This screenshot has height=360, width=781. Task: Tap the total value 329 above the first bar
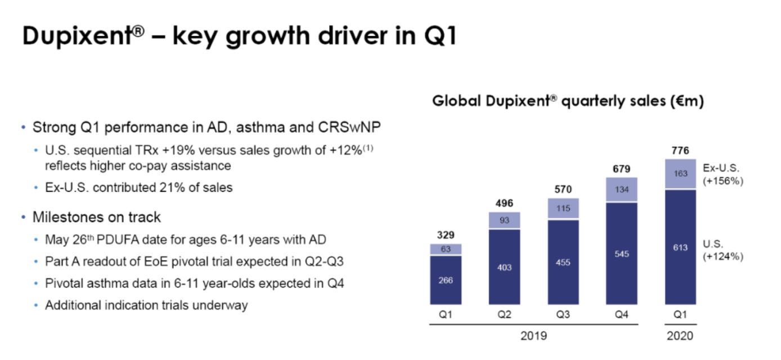point(445,235)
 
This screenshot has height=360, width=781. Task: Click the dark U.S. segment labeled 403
point(505,267)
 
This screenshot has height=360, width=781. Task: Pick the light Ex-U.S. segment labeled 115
point(563,209)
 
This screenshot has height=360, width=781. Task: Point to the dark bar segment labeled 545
point(622,254)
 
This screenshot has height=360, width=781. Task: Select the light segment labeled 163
point(680,174)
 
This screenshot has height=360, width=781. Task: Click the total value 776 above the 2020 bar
point(680,151)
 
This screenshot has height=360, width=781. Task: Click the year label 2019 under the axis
point(533,336)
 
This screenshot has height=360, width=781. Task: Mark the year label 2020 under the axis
point(680,336)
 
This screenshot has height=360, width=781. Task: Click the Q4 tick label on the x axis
point(622,315)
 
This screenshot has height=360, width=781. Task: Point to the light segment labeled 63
point(445,249)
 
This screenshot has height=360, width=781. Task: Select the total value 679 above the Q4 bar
point(622,168)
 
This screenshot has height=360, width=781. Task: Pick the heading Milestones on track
point(97,217)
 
